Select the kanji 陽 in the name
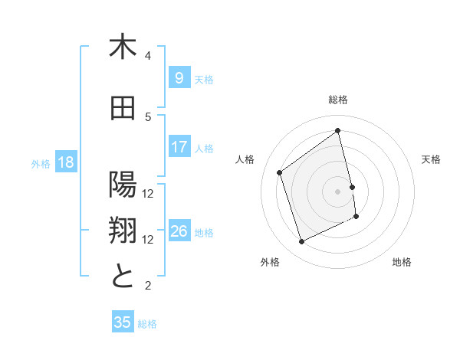pyautogui.click(x=123, y=185)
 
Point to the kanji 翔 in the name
pyautogui.click(x=123, y=231)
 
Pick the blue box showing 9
pyautogui.click(x=179, y=78)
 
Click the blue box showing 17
pyautogui.click(x=179, y=147)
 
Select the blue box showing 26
pyautogui.click(x=179, y=231)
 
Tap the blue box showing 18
pyautogui.click(x=65, y=162)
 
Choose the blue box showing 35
pyautogui.click(x=123, y=322)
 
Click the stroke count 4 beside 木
pyautogui.click(x=148, y=56)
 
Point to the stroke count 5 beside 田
pyautogui.click(x=148, y=116)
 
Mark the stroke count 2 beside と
pyautogui.click(x=148, y=286)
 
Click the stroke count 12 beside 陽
pyautogui.click(x=148, y=193)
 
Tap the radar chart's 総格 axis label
pyautogui.click(x=338, y=100)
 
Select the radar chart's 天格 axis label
pyautogui.click(x=432, y=159)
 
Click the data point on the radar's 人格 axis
pyautogui.click(x=280, y=172)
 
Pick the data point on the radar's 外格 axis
pyautogui.click(x=301, y=242)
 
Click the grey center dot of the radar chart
pyautogui.click(x=338, y=191)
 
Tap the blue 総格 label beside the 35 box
pyautogui.click(x=148, y=324)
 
